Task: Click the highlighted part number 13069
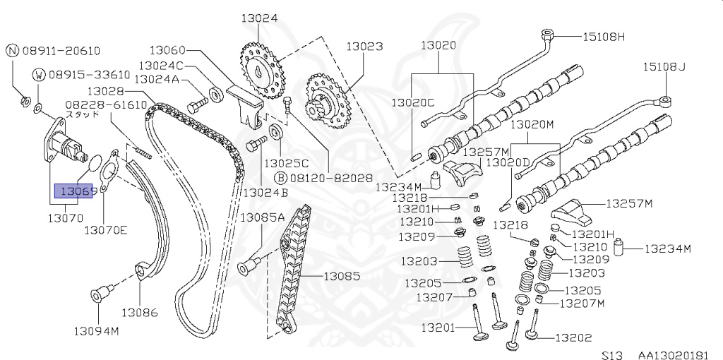(77, 191)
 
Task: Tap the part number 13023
(364, 47)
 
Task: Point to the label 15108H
(604, 36)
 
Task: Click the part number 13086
(140, 312)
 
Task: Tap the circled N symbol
(12, 50)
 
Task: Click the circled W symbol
(39, 74)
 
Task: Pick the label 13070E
(106, 229)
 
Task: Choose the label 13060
(167, 50)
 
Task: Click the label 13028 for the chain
(107, 91)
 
